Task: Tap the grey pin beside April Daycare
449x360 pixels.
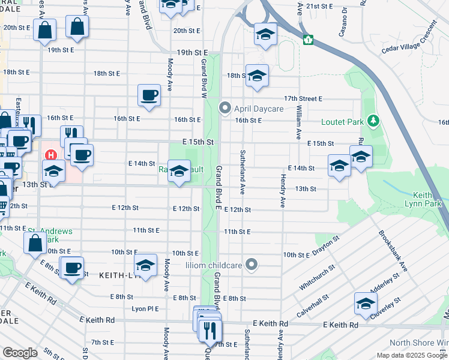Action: [225, 109]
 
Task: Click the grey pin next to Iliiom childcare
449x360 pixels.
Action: [252, 263]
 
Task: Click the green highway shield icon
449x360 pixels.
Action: [309, 40]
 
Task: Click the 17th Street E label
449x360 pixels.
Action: [303, 98]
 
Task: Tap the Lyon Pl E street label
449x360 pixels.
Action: [145, 309]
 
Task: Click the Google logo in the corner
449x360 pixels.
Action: [20, 352]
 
